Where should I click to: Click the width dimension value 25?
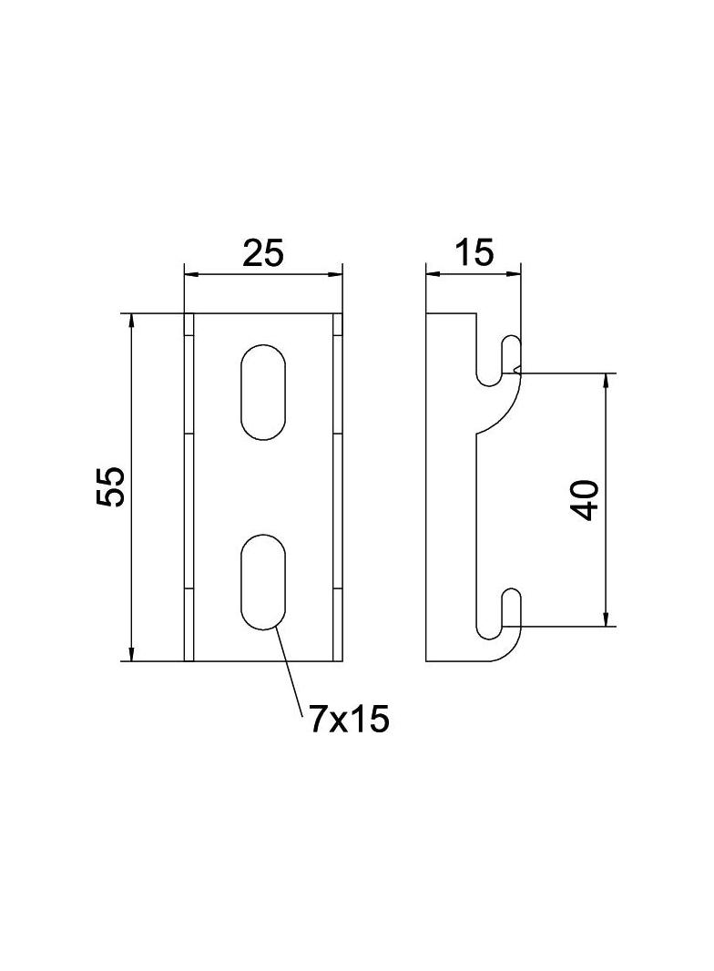click(262, 252)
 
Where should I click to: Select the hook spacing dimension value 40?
click(586, 500)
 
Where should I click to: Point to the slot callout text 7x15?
click(350, 720)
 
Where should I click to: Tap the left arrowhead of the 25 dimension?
click(191, 273)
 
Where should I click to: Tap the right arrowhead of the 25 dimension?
click(335, 273)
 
